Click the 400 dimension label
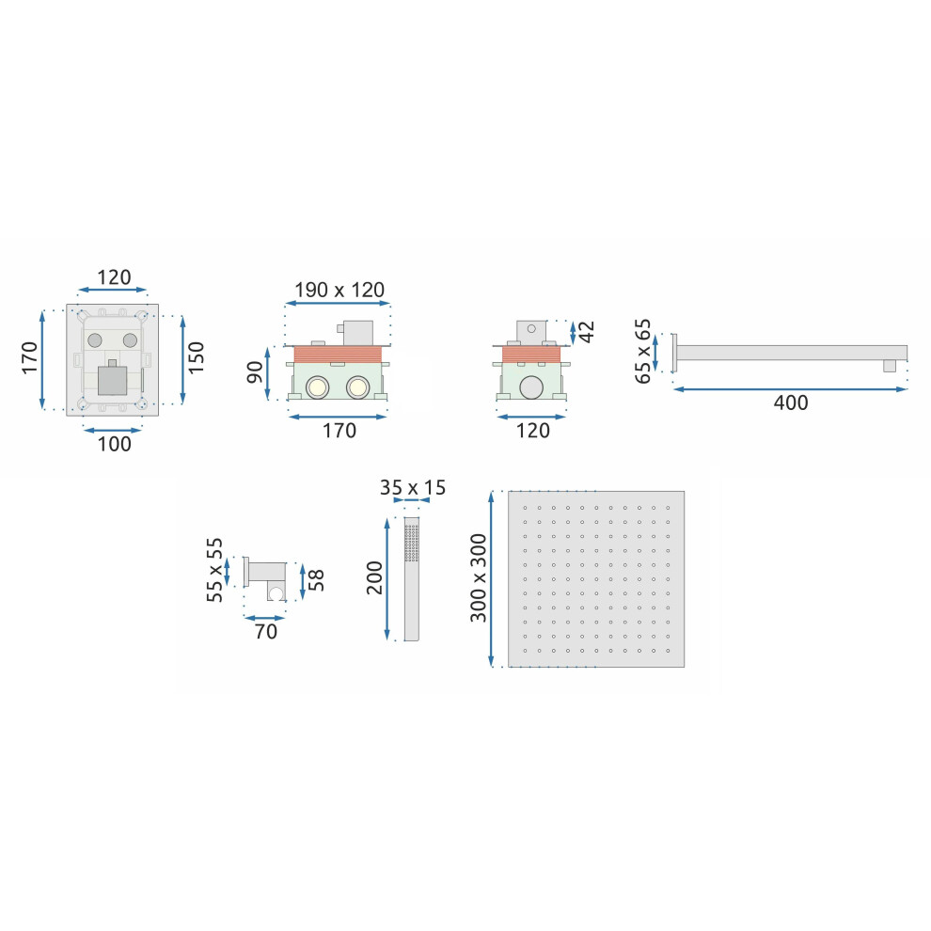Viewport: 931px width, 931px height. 790,403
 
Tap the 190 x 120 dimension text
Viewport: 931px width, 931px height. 339,290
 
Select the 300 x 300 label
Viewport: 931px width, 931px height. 478,577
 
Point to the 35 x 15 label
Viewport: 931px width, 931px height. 413,487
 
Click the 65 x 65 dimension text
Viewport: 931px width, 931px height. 643,351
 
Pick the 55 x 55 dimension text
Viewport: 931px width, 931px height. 214,570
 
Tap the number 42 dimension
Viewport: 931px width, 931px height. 586,332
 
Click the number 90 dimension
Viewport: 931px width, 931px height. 255,372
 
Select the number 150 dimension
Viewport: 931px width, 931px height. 196,357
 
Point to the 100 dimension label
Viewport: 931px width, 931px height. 114,444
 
